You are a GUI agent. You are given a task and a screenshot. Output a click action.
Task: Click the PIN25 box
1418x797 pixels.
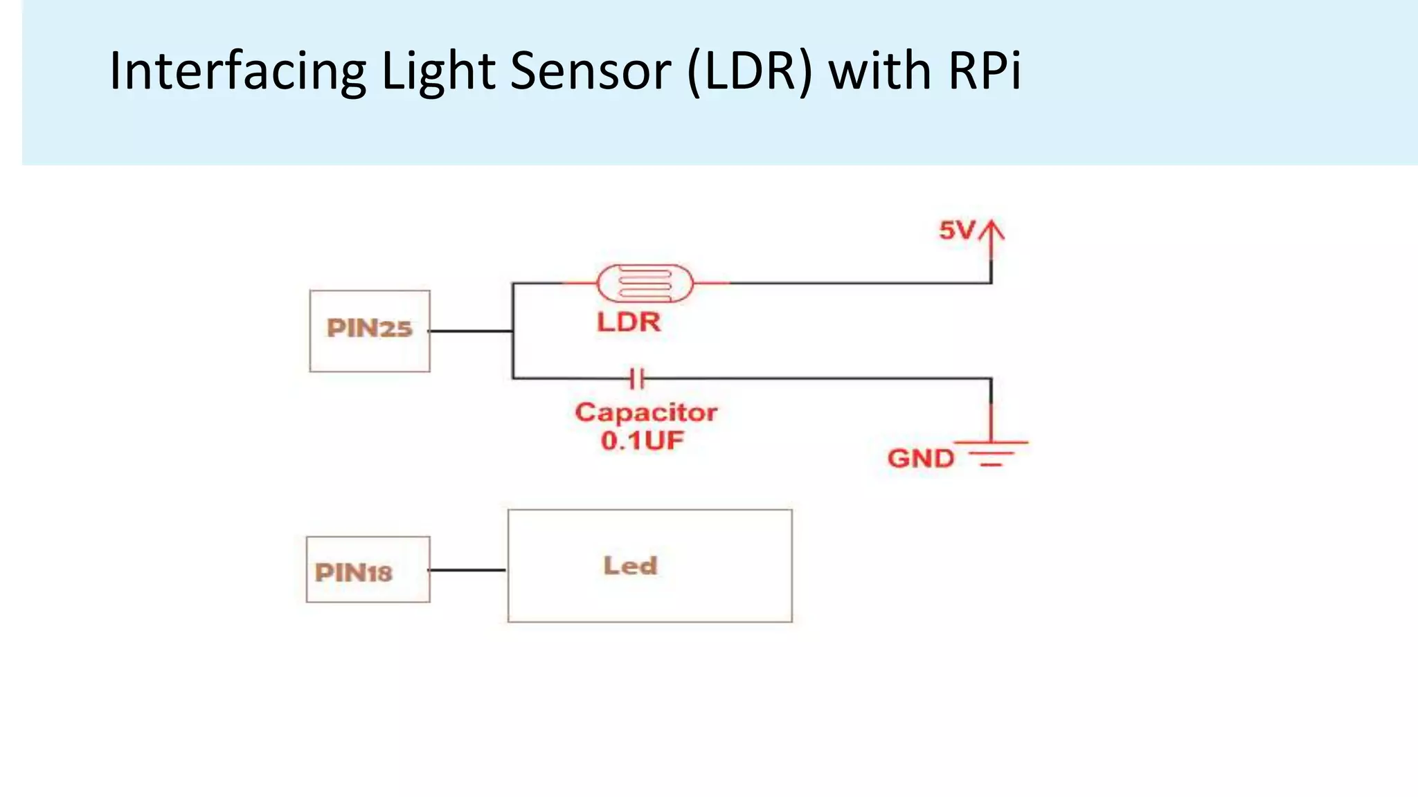[x=370, y=331]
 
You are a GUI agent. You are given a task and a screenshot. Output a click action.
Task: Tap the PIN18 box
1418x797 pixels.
[x=368, y=569]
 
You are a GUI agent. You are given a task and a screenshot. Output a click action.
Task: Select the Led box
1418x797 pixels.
[x=649, y=566]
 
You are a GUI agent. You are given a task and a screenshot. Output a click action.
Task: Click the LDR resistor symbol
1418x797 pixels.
[x=645, y=282]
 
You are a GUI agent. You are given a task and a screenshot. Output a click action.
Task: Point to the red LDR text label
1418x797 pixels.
[x=629, y=322]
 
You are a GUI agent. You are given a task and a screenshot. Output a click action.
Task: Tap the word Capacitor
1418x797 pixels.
[x=645, y=412]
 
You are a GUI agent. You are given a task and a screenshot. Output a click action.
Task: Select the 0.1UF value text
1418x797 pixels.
[x=642, y=441]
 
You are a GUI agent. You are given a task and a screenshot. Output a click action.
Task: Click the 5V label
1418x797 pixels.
[x=956, y=230]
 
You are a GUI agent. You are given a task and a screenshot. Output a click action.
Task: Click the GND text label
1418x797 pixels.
[x=920, y=458]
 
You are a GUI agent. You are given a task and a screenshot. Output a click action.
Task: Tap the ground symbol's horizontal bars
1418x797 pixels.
[x=991, y=452]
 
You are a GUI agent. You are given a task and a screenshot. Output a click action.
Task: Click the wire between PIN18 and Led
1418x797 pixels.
[x=468, y=570]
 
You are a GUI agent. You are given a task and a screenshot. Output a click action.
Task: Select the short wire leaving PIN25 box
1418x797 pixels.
[x=471, y=331]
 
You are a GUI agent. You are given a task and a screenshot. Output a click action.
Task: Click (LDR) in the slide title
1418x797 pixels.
[x=749, y=71]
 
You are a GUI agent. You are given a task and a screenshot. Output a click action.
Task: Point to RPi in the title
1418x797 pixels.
[x=984, y=71]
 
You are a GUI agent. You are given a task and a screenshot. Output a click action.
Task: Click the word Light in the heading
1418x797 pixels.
[x=438, y=71]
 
